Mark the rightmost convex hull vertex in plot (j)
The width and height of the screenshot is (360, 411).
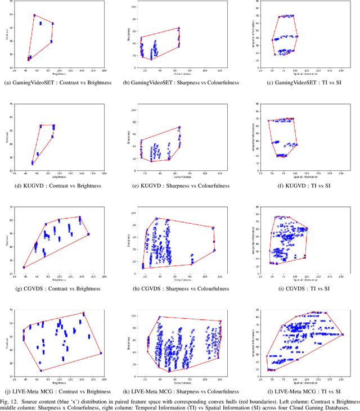pos(101,353)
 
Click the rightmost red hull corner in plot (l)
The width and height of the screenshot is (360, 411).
pos(343,335)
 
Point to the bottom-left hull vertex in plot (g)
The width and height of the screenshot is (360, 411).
pos(24,267)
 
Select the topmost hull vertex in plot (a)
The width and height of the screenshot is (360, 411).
pos(34,15)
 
